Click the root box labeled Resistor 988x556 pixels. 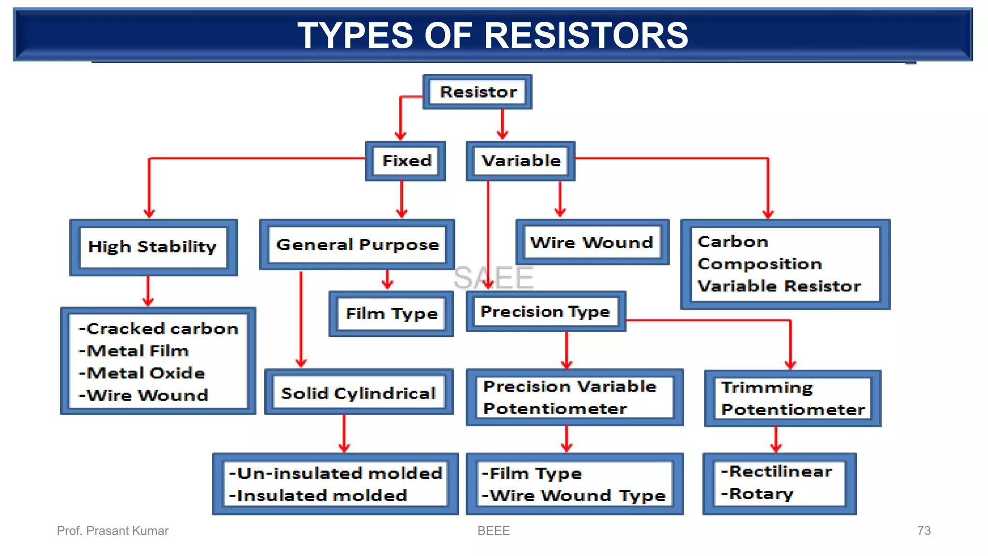pyautogui.click(x=478, y=92)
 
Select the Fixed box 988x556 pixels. pyautogui.click(x=406, y=161)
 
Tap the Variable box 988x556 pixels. pyautogui.click(x=521, y=161)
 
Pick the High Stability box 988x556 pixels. pyautogui.click(x=153, y=247)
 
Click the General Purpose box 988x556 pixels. pyautogui.click(x=357, y=245)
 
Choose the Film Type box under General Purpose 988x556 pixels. pyautogui.click(x=391, y=314)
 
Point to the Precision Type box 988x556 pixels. pyautogui.click(x=545, y=312)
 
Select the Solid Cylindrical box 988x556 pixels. pyautogui.click(x=358, y=393)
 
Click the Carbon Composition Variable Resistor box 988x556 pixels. pyautogui.click(x=785, y=264)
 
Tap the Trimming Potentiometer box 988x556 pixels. pyautogui.click(x=793, y=399)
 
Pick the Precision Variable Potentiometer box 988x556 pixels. pyautogui.click(x=574, y=398)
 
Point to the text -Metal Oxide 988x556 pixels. pyautogui.click(x=142, y=373)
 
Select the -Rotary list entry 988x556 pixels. pyautogui.click(x=757, y=494)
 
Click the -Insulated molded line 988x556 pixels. pyautogui.click(x=318, y=496)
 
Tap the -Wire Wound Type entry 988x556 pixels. pyautogui.click(x=574, y=496)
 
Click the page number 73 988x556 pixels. pyautogui.click(x=923, y=531)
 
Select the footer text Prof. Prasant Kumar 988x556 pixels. pyautogui.click(x=112, y=531)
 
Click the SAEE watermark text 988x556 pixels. pyautogui.click(x=494, y=278)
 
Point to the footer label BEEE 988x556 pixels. pyautogui.click(x=494, y=531)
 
